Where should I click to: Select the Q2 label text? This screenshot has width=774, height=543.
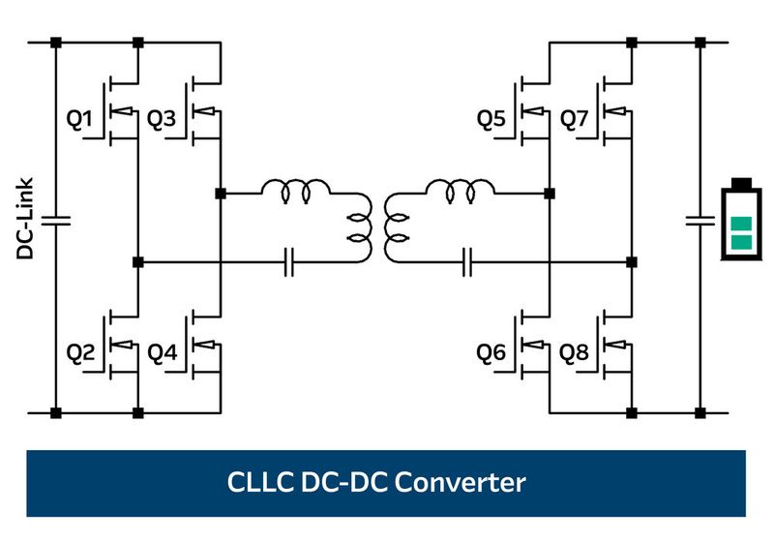(79, 354)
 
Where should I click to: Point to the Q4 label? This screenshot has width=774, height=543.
(162, 354)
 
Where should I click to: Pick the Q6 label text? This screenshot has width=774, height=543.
(491, 354)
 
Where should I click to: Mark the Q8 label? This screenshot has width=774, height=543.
(574, 354)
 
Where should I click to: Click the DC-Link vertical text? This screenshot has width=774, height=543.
(26, 219)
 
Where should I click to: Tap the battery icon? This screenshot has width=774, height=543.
(741, 220)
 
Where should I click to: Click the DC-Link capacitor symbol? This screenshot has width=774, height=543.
(55, 219)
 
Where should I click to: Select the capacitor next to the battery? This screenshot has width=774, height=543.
(700, 219)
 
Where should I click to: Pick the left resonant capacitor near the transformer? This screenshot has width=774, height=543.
(289, 261)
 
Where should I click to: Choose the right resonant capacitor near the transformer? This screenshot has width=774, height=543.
(467, 261)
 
